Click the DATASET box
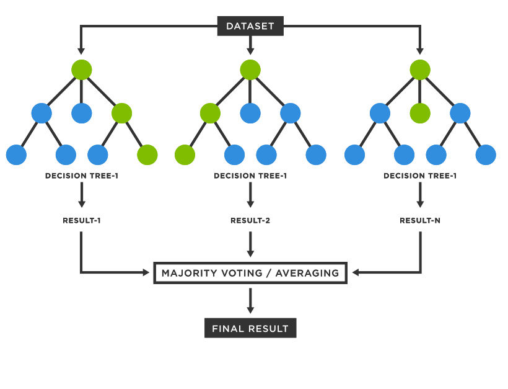pos(250,26)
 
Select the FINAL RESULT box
pos(250,328)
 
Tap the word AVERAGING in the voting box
pos(308,273)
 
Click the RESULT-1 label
pos(81,221)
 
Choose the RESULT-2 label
pos(250,221)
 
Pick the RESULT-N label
pos(420,221)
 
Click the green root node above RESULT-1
pos(81,69)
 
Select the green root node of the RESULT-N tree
pos(420,69)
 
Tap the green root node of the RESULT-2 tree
pos(250,69)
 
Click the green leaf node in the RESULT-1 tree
pos(147,154)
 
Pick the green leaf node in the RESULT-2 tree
pos(185,154)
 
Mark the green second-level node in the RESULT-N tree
pos(420,114)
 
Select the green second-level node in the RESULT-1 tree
pos(122,114)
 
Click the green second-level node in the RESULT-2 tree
pos(210,114)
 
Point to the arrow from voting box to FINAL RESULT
pos(250,301)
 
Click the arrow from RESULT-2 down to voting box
pos(250,245)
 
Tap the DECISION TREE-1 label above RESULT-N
pos(420,176)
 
